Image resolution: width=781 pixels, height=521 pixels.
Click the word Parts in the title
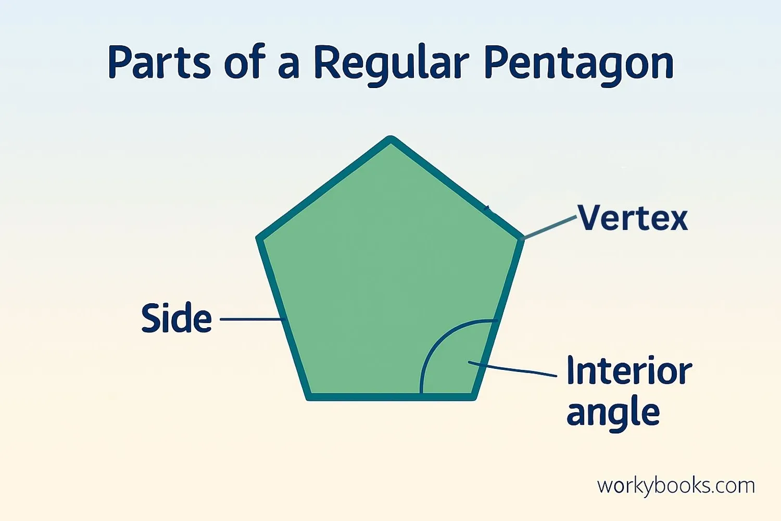[x=160, y=62]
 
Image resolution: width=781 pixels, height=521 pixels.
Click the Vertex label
[x=633, y=218]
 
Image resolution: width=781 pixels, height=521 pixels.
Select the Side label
[x=177, y=318]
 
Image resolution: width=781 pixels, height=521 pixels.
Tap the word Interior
[x=629, y=370]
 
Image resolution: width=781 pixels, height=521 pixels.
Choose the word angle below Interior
[x=613, y=413]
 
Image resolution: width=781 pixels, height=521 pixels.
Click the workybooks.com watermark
[x=676, y=486]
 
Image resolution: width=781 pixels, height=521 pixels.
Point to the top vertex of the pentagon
[x=391, y=139]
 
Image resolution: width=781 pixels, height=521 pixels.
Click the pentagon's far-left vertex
[x=259, y=238]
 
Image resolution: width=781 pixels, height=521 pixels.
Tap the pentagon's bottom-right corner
[x=473, y=398]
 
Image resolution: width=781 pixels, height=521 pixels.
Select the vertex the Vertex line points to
[x=522, y=238]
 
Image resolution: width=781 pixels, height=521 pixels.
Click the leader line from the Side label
[x=253, y=319]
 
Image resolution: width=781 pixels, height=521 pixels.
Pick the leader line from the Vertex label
[x=549, y=228]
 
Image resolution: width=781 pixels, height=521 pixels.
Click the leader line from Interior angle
[x=512, y=369]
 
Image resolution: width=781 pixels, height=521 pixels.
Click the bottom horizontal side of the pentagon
[x=391, y=397]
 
